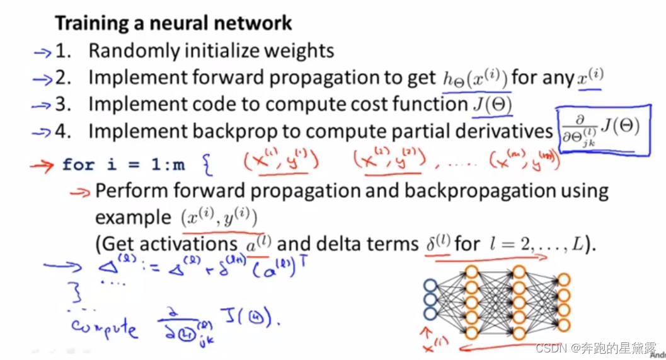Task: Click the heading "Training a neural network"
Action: [173, 23]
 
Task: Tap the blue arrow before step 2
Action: [42, 79]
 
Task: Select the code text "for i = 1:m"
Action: [123, 165]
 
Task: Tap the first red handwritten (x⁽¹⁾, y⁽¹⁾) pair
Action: [281, 161]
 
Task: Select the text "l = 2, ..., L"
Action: [537, 243]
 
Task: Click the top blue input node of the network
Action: [431, 284]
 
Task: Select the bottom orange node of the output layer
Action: [564, 325]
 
